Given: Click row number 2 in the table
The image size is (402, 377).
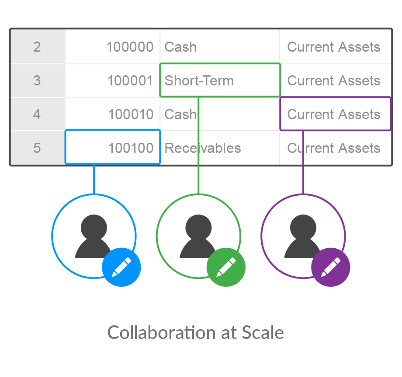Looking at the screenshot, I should [37, 47].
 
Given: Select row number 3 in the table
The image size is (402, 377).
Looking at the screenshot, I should [37, 81].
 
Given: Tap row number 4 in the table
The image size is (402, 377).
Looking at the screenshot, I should [37, 115].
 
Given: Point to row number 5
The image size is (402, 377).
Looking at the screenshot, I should [37, 148].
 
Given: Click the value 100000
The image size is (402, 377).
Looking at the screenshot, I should [130, 47].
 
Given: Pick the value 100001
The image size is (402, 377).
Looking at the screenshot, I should [130, 81].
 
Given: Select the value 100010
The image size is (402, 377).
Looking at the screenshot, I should [131, 115].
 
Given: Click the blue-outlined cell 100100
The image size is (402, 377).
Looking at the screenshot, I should [113, 148].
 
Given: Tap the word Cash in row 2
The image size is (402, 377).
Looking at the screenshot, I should [180, 47].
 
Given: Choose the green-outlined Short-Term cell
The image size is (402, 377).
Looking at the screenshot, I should [219, 81].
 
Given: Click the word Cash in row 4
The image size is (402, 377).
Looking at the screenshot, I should [180, 115].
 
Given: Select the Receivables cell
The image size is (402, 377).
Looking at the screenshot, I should [203, 148].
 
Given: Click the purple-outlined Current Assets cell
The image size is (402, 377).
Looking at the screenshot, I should [335, 114].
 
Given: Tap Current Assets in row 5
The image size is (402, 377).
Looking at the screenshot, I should [334, 148].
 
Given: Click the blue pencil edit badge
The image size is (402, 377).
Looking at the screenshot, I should [121, 267].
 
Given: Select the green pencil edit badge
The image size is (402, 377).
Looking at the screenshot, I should [226, 267].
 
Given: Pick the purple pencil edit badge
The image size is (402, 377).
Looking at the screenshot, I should [331, 267].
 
